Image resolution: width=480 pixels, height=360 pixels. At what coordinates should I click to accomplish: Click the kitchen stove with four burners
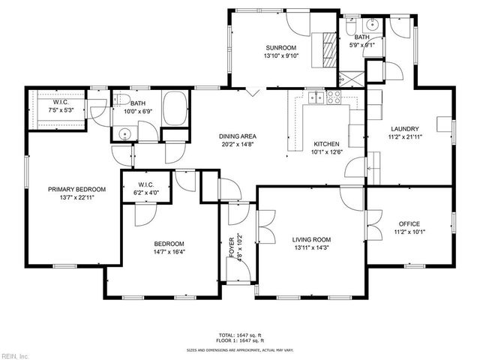point(334,97)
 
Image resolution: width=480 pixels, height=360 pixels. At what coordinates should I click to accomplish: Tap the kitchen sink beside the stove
point(318,97)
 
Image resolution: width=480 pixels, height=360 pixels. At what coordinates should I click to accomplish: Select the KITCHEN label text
point(326,144)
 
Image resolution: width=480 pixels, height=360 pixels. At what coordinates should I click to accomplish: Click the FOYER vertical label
point(232,247)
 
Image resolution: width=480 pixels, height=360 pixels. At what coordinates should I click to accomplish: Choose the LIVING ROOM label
point(311,240)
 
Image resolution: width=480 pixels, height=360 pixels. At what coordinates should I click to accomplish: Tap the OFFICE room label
point(409,223)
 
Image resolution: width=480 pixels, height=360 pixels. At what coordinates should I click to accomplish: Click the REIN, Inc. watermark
point(15,355)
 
